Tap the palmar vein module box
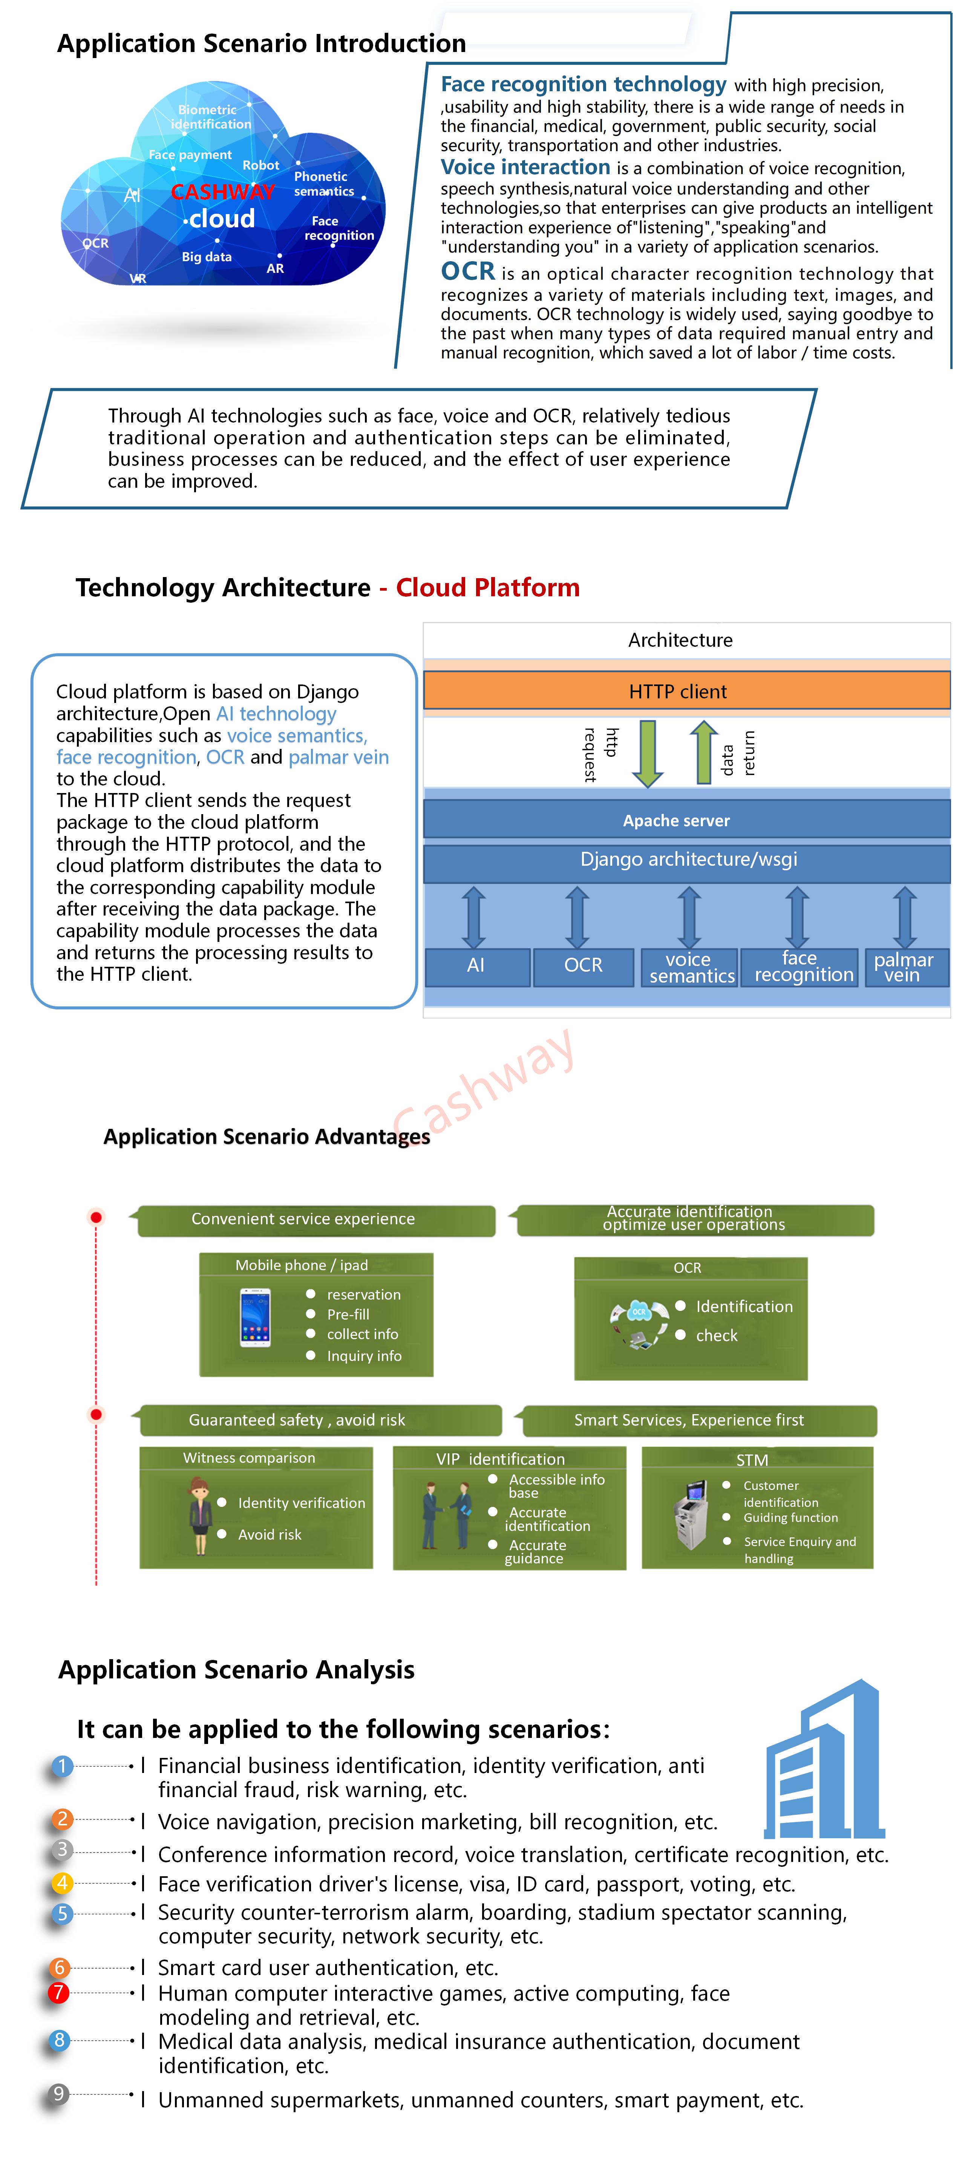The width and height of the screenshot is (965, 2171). [x=904, y=968]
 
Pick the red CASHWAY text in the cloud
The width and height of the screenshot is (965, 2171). [x=222, y=192]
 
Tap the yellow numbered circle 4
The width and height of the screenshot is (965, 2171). [x=61, y=1883]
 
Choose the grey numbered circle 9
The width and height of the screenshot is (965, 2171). [x=58, y=2094]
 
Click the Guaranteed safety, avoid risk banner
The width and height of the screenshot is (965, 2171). [x=319, y=1420]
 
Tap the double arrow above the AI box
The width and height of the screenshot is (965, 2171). [x=474, y=917]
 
